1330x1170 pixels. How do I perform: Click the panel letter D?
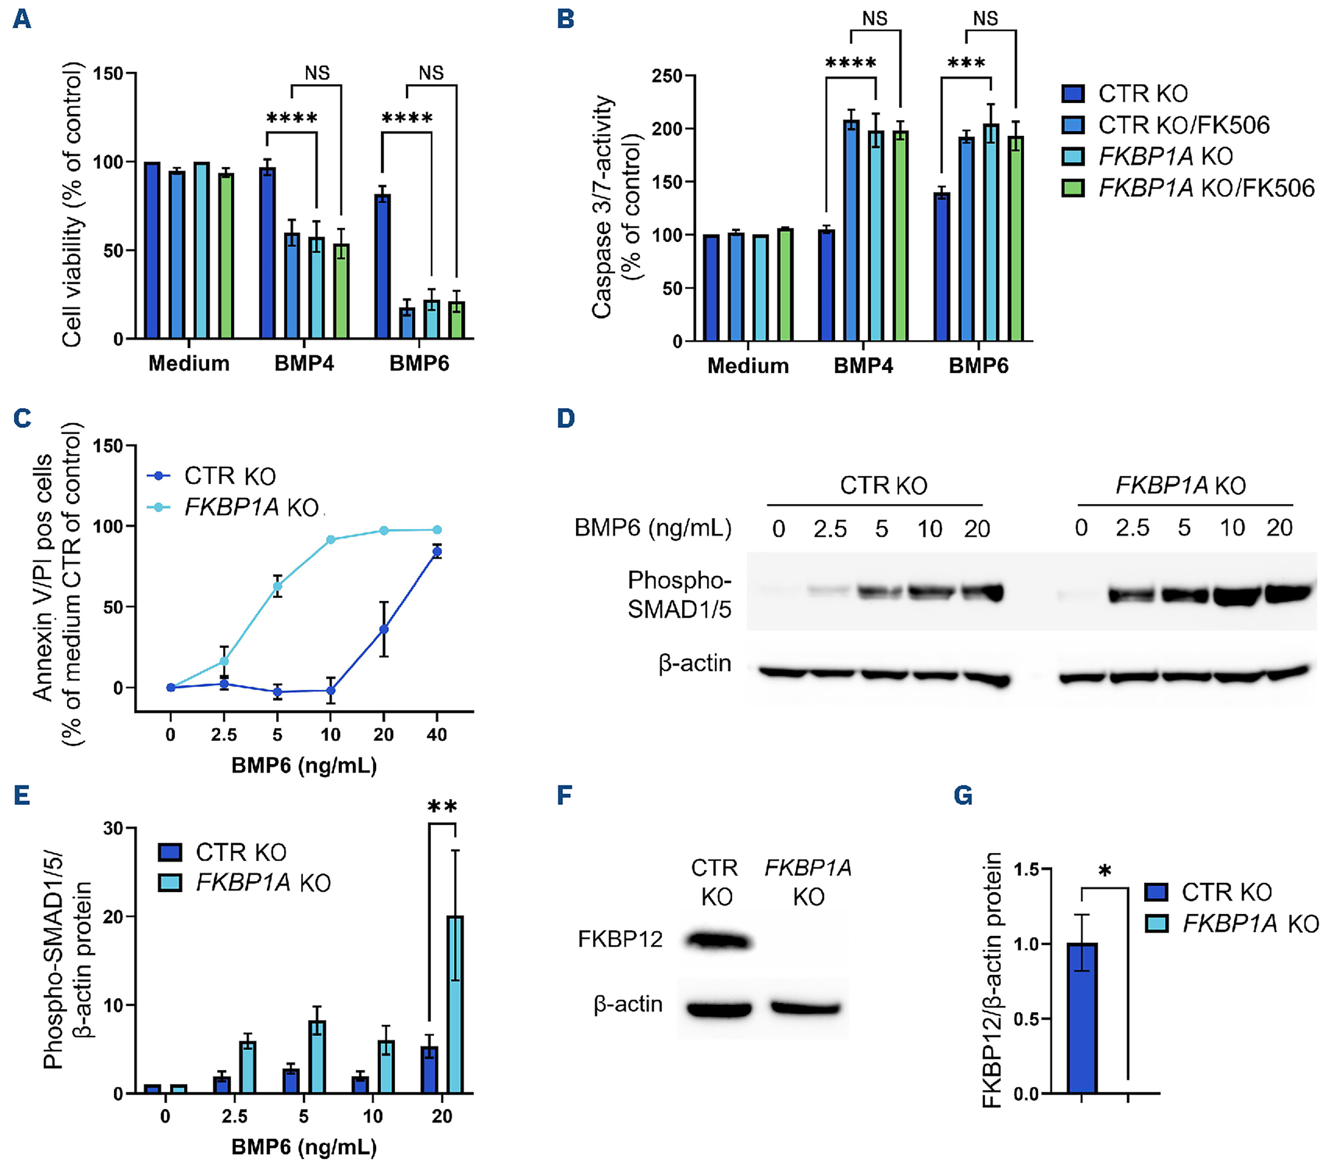(x=565, y=418)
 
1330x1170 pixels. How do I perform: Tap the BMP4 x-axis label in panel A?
(x=304, y=363)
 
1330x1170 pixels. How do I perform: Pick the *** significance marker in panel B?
(x=966, y=64)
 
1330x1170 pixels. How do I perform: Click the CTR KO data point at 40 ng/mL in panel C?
(x=437, y=552)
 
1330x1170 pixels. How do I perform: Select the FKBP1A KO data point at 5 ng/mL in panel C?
(x=277, y=586)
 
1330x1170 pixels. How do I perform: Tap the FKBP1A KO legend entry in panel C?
(x=251, y=507)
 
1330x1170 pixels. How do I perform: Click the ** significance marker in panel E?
(x=442, y=808)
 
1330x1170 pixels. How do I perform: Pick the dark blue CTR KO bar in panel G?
(x=1082, y=1018)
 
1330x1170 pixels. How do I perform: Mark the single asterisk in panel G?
(x=1104, y=872)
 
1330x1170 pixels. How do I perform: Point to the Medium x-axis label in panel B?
(x=748, y=366)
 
